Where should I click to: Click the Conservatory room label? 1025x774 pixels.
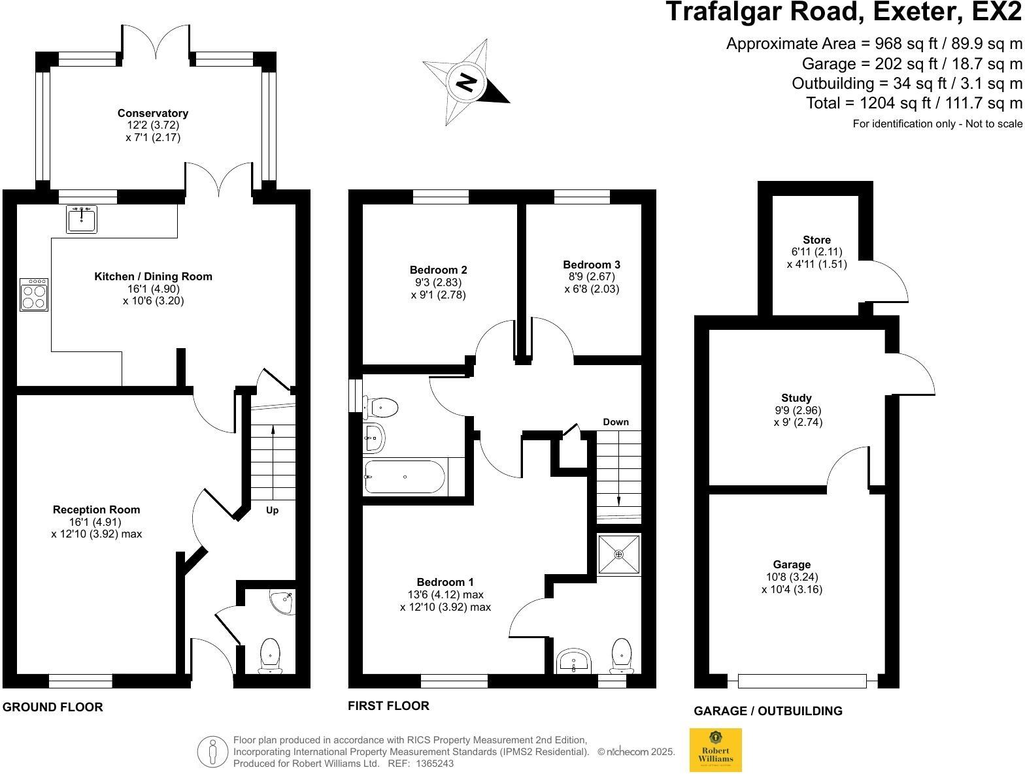[153, 114]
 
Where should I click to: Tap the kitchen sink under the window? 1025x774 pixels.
[82, 219]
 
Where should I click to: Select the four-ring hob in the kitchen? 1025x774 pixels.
[34, 294]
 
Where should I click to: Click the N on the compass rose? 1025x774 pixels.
[466, 82]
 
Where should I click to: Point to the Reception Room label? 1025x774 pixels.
[96, 509]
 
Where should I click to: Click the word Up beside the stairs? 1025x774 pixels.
[272, 510]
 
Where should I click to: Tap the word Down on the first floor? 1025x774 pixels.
[616, 422]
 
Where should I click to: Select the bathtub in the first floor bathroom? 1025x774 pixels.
[405, 477]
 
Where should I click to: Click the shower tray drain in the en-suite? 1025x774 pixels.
[618, 554]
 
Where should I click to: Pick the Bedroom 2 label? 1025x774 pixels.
[438, 270]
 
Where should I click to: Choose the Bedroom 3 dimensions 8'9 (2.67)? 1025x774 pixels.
[591, 276]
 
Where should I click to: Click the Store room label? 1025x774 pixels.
[816, 240]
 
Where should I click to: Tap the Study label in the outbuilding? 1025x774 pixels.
[796, 398]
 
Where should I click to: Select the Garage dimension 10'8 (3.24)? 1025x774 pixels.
[792, 577]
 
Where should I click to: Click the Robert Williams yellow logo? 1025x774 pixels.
[716, 750]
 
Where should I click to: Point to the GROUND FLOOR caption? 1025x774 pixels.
[53, 707]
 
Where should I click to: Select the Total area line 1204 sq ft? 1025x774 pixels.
[914, 103]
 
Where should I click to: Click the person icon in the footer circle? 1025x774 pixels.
[212, 752]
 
